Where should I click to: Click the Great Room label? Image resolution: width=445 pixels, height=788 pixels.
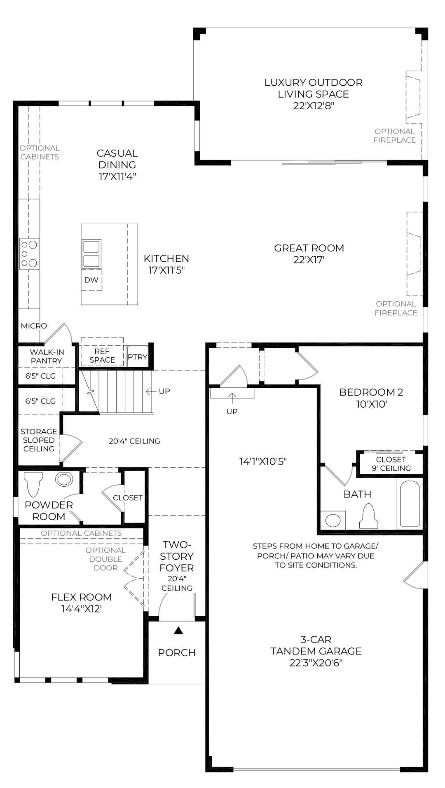[309, 248]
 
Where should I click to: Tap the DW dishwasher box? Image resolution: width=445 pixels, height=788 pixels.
[91, 280]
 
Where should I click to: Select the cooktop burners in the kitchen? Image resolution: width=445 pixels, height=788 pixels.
[29, 253]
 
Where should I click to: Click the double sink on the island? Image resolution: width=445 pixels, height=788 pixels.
[91, 254]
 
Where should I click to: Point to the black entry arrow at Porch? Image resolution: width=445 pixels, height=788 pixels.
[178, 630]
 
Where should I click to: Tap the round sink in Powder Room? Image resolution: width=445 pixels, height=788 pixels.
[64, 479]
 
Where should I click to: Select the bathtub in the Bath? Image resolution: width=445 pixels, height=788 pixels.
[410, 503]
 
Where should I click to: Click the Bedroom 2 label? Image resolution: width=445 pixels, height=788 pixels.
[371, 392]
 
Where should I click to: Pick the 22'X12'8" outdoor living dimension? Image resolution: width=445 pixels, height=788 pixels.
[314, 106]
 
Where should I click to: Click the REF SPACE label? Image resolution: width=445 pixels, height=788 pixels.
[102, 356]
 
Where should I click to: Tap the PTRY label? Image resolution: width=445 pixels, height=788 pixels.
[137, 357]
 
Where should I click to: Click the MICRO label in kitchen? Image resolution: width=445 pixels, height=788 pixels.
[34, 326]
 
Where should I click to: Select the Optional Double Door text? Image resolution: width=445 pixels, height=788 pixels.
[105, 559]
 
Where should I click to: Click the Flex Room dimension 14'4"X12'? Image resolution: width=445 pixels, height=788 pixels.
[82, 609]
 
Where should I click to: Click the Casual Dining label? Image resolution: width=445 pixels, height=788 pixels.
[117, 159]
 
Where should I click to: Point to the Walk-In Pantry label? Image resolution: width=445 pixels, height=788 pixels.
[47, 356]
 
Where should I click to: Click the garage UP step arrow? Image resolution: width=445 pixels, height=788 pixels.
[232, 398]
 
